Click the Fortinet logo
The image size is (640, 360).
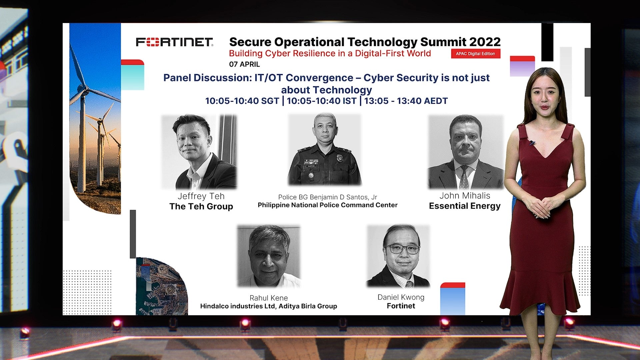[174, 42]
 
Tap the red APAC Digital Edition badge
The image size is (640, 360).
[476, 54]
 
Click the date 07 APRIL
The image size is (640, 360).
[244, 64]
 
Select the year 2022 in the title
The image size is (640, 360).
[485, 42]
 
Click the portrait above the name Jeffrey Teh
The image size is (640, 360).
[199, 152]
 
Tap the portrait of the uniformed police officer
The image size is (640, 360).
[325, 149]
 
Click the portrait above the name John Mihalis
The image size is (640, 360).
[466, 152]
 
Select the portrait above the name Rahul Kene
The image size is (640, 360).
[269, 256]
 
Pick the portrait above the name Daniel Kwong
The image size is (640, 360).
[398, 256]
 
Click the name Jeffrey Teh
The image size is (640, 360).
[201, 196]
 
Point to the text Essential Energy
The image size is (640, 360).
[465, 206]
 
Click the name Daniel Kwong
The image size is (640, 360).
[401, 297]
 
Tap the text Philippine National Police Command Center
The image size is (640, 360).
[328, 205]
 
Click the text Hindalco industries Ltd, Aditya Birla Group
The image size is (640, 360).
[269, 306]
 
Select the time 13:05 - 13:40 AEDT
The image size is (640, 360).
[406, 101]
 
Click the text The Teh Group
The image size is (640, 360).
[201, 207]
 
